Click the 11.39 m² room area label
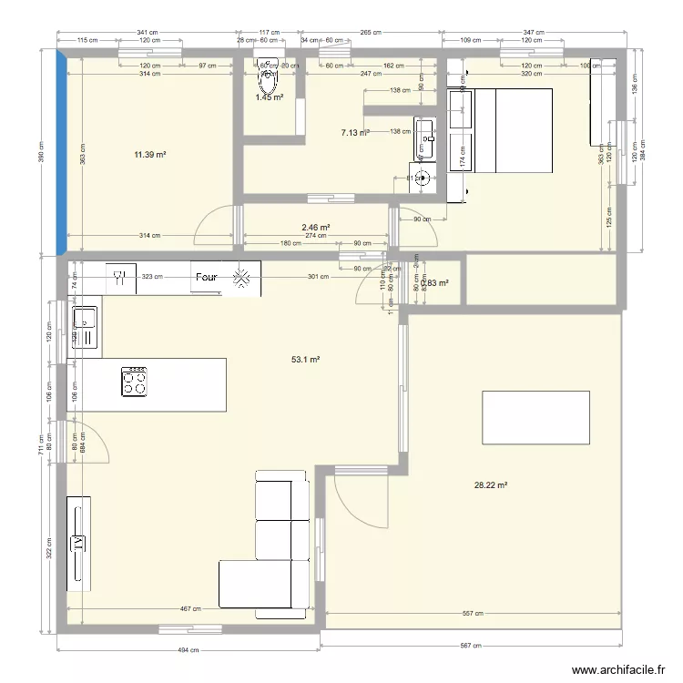[150, 156]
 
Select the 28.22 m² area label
[491, 485]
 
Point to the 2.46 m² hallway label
[315, 228]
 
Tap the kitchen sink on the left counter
[85, 328]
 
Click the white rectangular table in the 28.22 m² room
[535, 417]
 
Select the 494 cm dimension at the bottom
[189, 650]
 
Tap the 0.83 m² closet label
[437, 283]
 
